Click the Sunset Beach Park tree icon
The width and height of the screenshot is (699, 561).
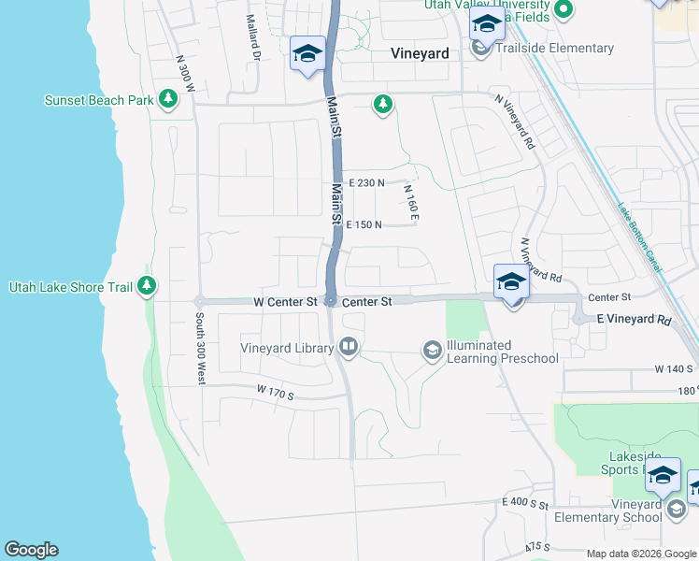(x=168, y=99)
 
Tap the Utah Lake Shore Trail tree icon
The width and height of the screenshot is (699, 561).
(x=146, y=286)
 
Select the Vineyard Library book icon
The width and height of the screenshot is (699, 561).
(x=349, y=349)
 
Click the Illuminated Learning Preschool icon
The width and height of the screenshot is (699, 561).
(x=432, y=351)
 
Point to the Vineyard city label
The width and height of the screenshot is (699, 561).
(x=420, y=54)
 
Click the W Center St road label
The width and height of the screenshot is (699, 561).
(x=285, y=302)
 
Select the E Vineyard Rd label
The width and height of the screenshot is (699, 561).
(x=634, y=320)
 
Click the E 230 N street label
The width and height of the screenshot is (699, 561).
(x=366, y=184)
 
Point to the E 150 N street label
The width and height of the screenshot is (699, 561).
(x=364, y=225)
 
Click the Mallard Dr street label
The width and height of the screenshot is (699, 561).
(x=252, y=38)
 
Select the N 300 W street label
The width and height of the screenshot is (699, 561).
(x=185, y=72)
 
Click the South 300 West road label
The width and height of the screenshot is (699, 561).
(x=200, y=349)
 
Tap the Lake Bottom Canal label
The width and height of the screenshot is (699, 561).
(x=639, y=239)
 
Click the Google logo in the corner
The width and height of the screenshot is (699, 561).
(x=30, y=550)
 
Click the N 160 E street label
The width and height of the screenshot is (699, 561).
(x=410, y=203)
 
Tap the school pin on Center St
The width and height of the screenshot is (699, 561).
(x=511, y=281)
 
